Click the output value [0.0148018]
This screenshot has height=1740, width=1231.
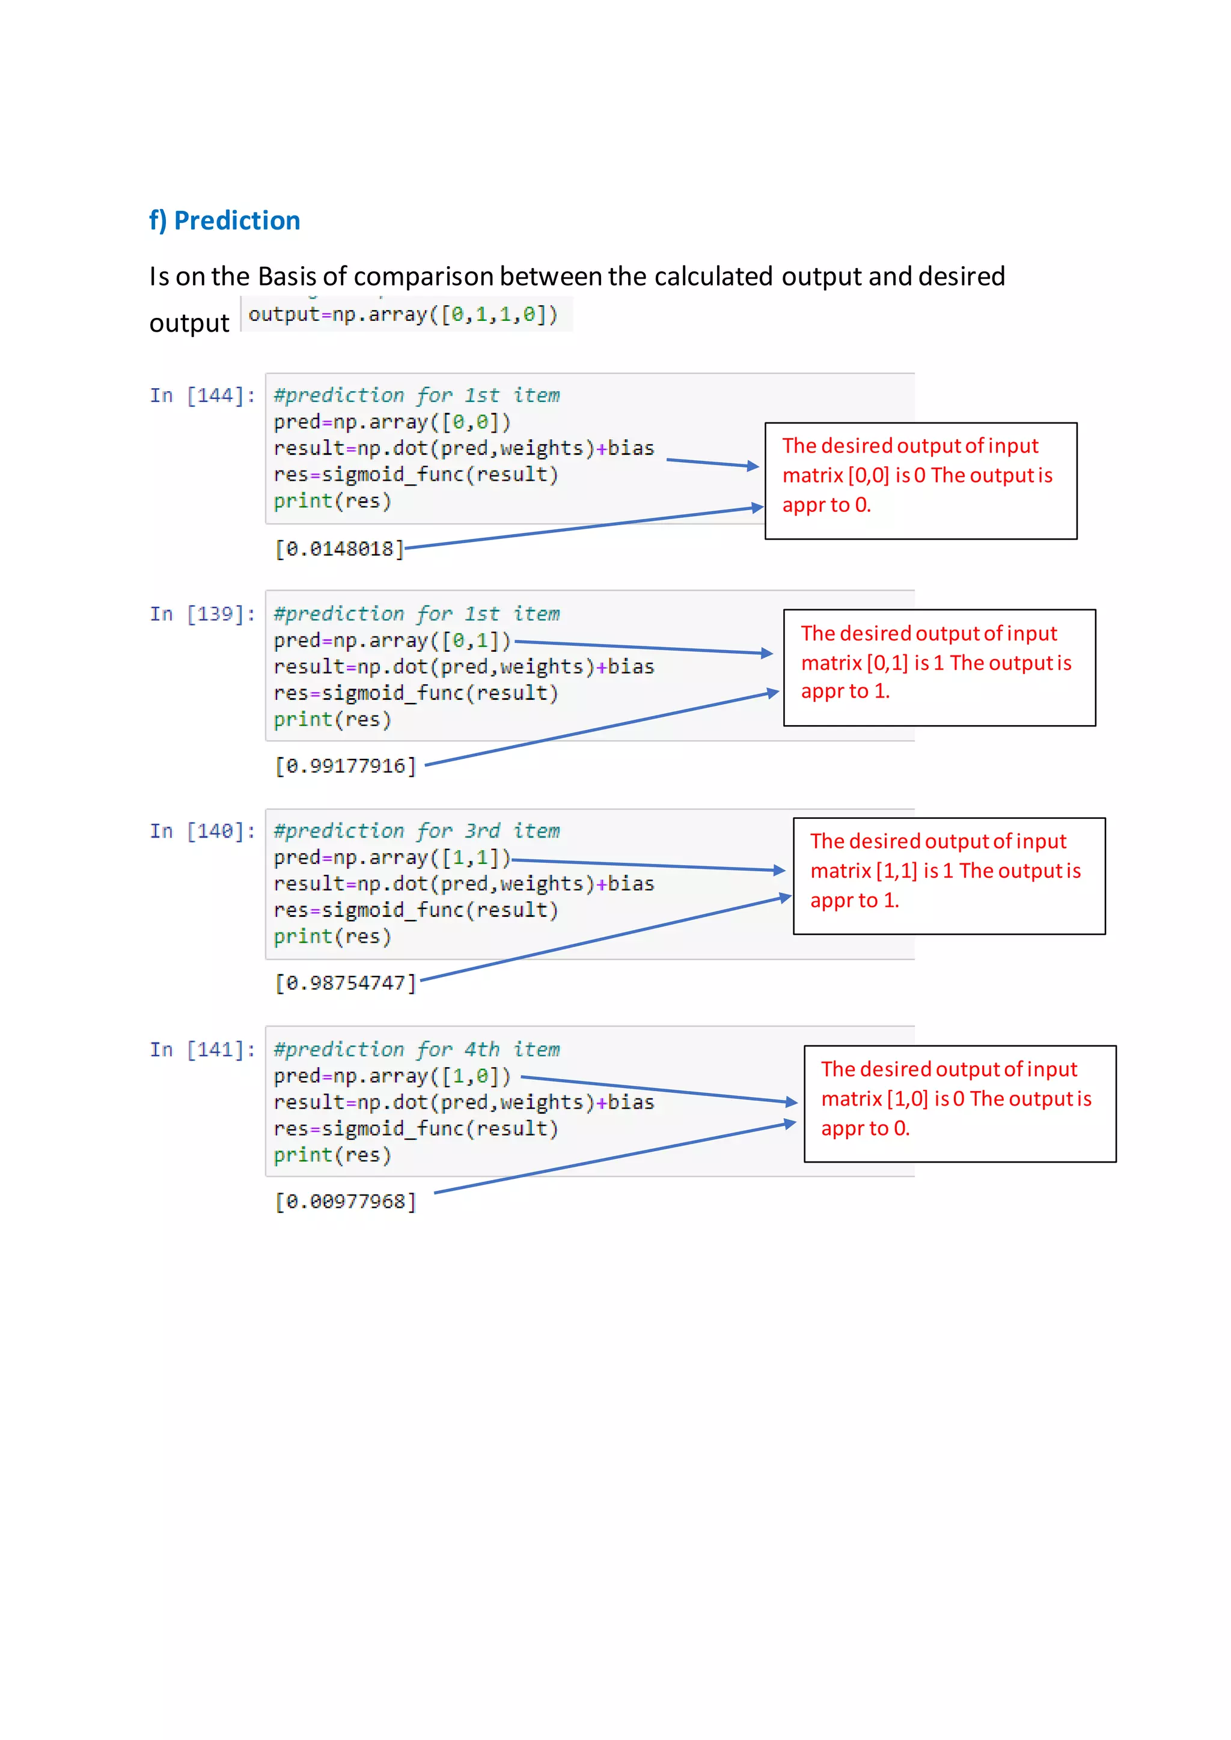click(x=339, y=549)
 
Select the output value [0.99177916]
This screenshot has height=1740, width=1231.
click(x=346, y=766)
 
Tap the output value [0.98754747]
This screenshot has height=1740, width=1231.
click(x=346, y=983)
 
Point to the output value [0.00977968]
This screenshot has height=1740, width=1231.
click(x=346, y=1201)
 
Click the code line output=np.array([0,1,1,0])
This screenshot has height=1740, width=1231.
click(x=403, y=314)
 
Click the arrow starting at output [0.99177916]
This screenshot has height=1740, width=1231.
click(x=599, y=729)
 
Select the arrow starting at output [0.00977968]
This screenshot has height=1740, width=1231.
click(x=614, y=1158)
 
